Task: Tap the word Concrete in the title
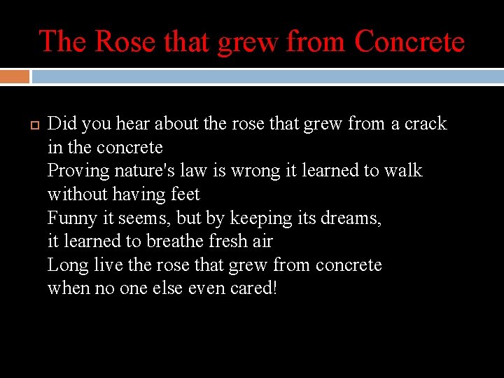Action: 409,41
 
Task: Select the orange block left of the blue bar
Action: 15,76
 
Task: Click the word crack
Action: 425,124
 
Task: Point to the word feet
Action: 185,195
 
